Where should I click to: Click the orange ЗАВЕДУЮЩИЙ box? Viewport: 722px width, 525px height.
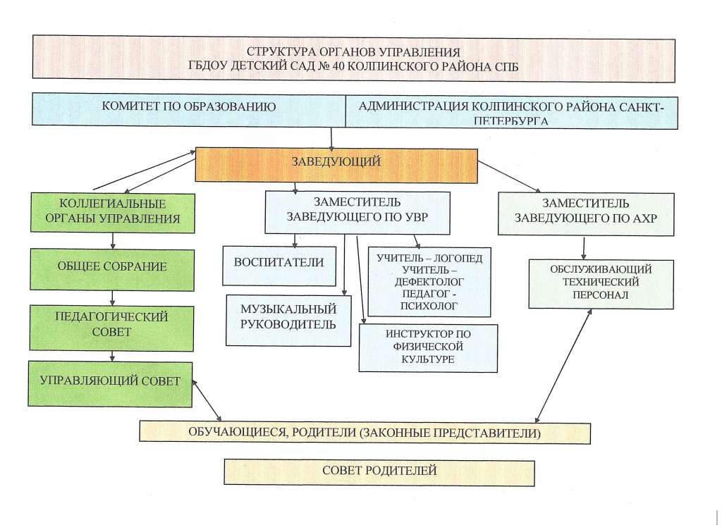point(336,163)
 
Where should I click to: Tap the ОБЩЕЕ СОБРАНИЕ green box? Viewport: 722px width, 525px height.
point(113,267)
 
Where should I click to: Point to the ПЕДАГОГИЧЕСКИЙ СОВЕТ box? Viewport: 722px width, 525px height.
point(111,325)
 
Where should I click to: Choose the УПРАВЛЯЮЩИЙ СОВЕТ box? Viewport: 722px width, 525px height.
point(110,382)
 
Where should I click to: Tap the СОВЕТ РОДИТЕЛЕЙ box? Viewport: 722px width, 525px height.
point(379,470)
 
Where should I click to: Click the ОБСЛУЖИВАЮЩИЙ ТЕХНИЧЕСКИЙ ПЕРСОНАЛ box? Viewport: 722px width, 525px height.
point(601,283)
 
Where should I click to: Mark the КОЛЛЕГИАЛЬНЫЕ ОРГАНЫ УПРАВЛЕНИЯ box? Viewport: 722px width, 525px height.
point(111,211)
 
